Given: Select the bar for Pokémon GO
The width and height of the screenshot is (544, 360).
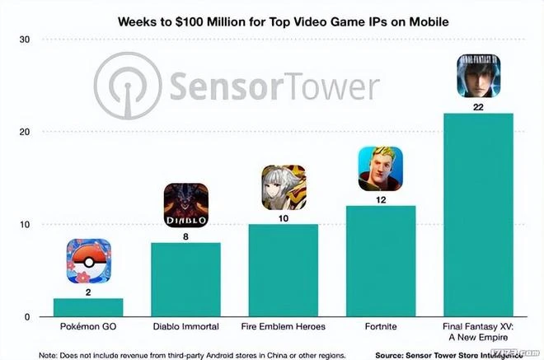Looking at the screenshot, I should [x=88, y=308].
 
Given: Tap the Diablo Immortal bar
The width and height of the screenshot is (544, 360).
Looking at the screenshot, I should [x=185, y=280].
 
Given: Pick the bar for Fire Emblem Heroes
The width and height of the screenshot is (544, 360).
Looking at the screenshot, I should [x=284, y=271].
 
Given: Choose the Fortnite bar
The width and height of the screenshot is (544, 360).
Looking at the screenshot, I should [x=381, y=262].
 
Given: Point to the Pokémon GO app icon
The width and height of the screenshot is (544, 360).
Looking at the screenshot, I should [x=88, y=260].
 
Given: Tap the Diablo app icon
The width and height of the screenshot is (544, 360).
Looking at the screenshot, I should [x=185, y=205].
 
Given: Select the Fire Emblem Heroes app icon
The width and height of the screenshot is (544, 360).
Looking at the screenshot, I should [x=284, y=187].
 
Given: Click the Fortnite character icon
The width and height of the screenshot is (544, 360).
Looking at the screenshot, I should [x=381, y=169].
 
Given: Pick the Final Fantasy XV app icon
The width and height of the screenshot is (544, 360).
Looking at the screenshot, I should [x=478, y=77].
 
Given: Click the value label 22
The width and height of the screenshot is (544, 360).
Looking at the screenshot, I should [x=478, y=106].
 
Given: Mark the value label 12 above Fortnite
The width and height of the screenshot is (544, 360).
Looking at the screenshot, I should [x=381, y=199].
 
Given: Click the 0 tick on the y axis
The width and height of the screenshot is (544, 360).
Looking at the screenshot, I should [x=26, y=317].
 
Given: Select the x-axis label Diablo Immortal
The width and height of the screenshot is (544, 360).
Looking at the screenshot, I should [x=185, y=327].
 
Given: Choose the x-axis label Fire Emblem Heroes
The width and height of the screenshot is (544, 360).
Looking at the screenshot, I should [x=284, y=327].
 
